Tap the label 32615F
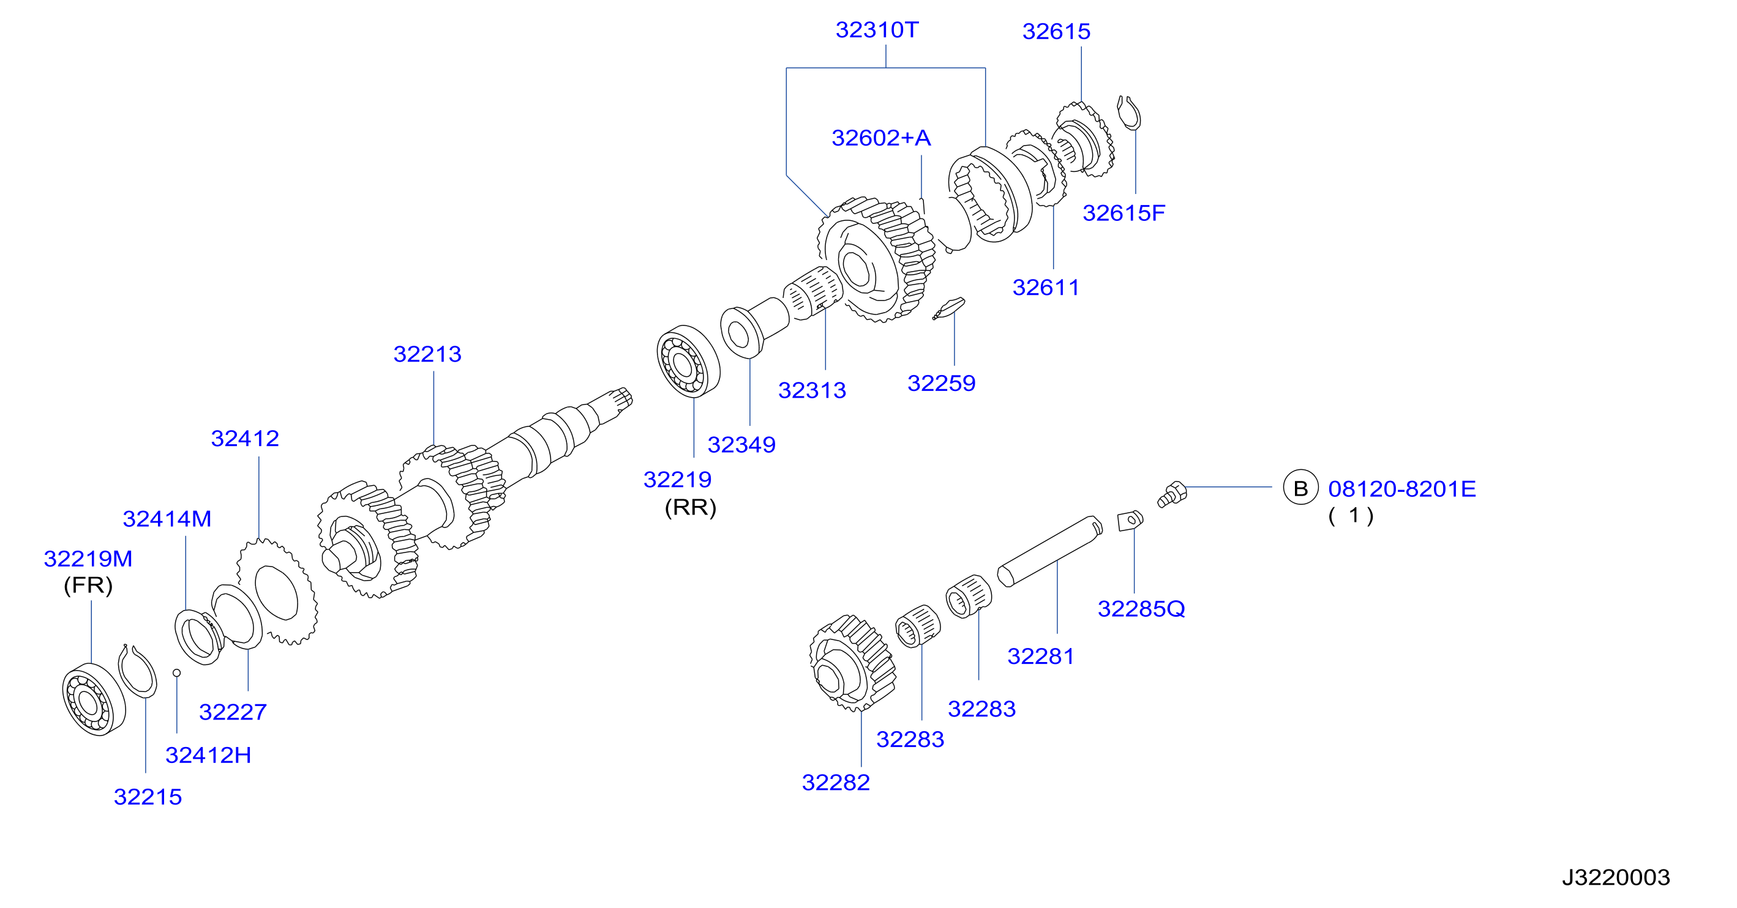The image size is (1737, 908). pos(1124,213)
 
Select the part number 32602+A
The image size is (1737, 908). pos(880,138)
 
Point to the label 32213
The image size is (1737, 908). pos(427,354)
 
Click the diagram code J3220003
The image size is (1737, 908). pos(1616,877)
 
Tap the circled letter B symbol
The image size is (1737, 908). pos(1300,488)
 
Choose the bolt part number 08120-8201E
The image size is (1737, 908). pos(1402,489)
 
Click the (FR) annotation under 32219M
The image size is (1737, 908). pos(88,584)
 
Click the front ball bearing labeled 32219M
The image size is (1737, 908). pos(94,699)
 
